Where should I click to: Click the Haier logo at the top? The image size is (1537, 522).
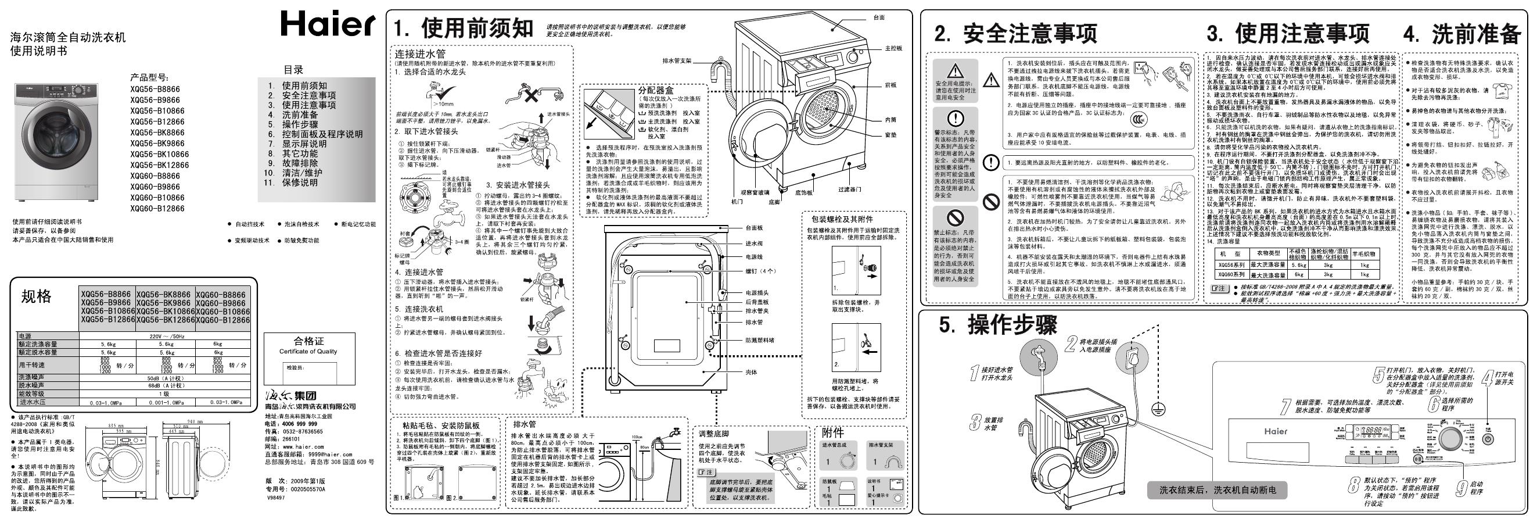[328, 24]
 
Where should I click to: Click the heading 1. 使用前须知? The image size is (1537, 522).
[463, 28]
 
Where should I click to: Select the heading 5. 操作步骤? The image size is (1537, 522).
[997, 326]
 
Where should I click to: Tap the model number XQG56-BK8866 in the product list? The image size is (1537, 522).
[157, 133]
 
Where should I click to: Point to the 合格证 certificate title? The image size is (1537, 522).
[308, 341]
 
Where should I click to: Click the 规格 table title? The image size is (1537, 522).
[37, 296]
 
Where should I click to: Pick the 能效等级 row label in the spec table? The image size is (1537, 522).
[32, 394]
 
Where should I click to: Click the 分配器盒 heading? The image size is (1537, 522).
[656, 91]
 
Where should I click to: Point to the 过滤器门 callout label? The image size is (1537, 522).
[849, 190]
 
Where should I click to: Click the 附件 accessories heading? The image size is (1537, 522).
[832, 432]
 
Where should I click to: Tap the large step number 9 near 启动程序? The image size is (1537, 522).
[1461, 488]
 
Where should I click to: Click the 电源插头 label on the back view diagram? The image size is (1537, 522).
[756, 293]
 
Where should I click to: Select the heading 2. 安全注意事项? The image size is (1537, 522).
[1015, 34]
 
